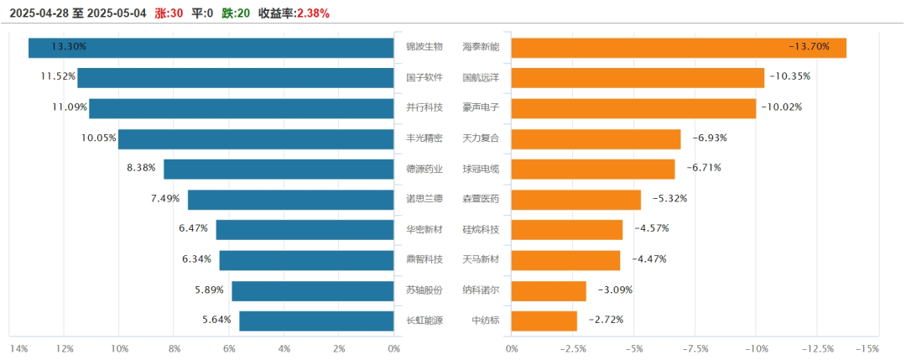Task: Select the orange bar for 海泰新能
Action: pos(678,48)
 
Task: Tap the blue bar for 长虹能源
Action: pos(316,321)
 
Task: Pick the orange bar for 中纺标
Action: pos(544,321)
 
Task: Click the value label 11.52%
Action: pos(58,77)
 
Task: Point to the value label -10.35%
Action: pos(789,77)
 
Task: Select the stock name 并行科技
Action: pos(424,107)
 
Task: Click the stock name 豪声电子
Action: pos(481,107)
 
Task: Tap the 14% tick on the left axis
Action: pos(18,349)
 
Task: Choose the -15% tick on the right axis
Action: pos(867,349)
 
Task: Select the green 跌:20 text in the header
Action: pos(236,13)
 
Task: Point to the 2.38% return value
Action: pos(313,13)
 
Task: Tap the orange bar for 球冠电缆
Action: pos(592,169)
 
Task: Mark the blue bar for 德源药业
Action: pos(279,169)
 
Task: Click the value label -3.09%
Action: pos(614,290)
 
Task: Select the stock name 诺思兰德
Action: pos(424,199)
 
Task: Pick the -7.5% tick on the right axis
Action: pos(695,349)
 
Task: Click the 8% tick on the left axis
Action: pos(174,349)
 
